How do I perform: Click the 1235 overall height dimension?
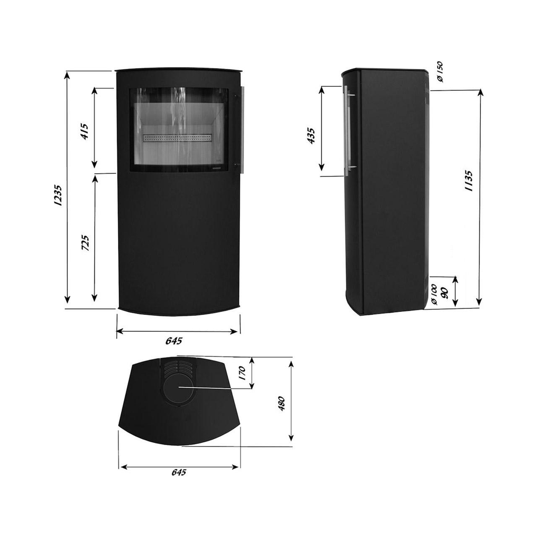click(58, 195)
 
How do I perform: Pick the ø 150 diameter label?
click(440, 72)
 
